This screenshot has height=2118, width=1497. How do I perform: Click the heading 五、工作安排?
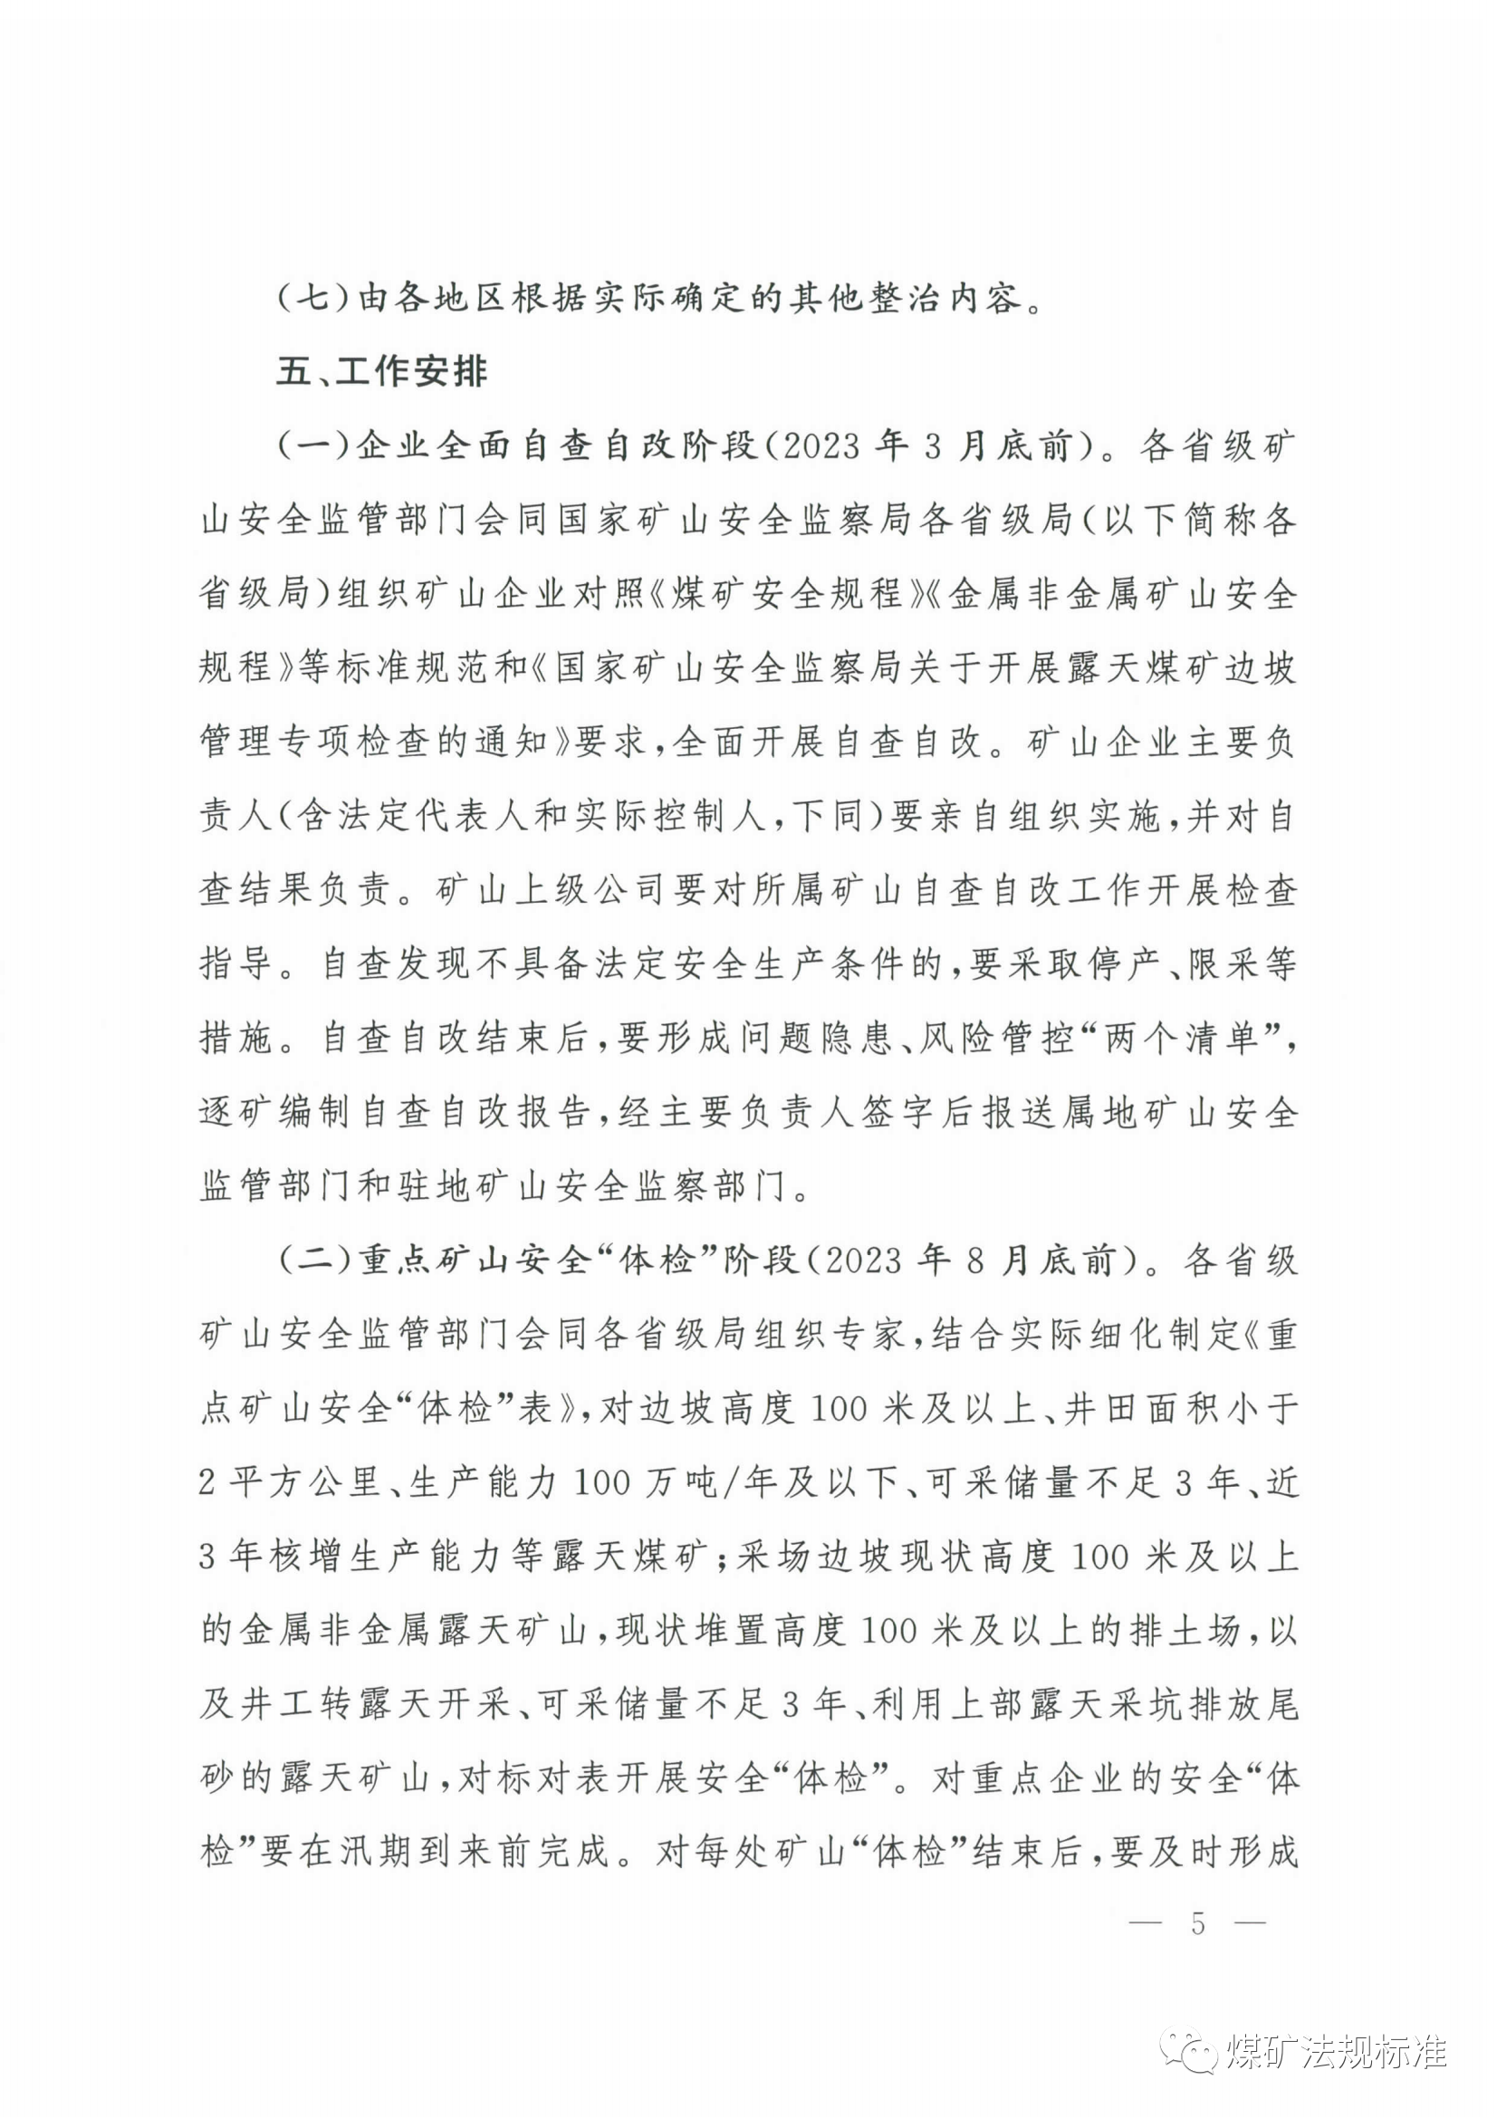(382, 373)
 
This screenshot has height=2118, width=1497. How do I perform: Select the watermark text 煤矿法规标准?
(1337, 2051)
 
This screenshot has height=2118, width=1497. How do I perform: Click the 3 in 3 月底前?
(932, 447)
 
